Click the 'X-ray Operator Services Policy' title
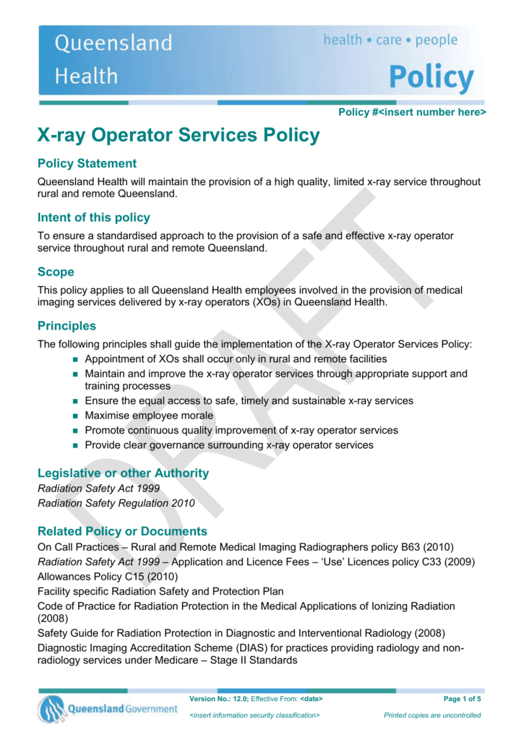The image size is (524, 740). (178, 135)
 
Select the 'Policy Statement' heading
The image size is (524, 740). (87, 163)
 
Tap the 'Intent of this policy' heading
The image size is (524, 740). (94, 217)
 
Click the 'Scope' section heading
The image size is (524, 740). (56, 272)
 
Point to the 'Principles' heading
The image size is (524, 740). (66, 326)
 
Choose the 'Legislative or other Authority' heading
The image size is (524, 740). (123, 473)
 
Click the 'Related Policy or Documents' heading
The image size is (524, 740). (122, 531)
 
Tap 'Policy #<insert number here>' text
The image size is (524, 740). (412, 112)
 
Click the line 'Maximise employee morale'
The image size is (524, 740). (149, 416)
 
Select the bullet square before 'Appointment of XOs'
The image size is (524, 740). (75, 359)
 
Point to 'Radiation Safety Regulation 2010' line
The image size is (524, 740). (116, 503)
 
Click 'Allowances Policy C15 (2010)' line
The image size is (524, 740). (106, 576)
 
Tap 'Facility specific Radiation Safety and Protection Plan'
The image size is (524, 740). (160, 591)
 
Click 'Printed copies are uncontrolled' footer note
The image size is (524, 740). (432, 715)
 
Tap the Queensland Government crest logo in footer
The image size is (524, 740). (52, 709)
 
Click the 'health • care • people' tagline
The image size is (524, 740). (390, 40)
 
